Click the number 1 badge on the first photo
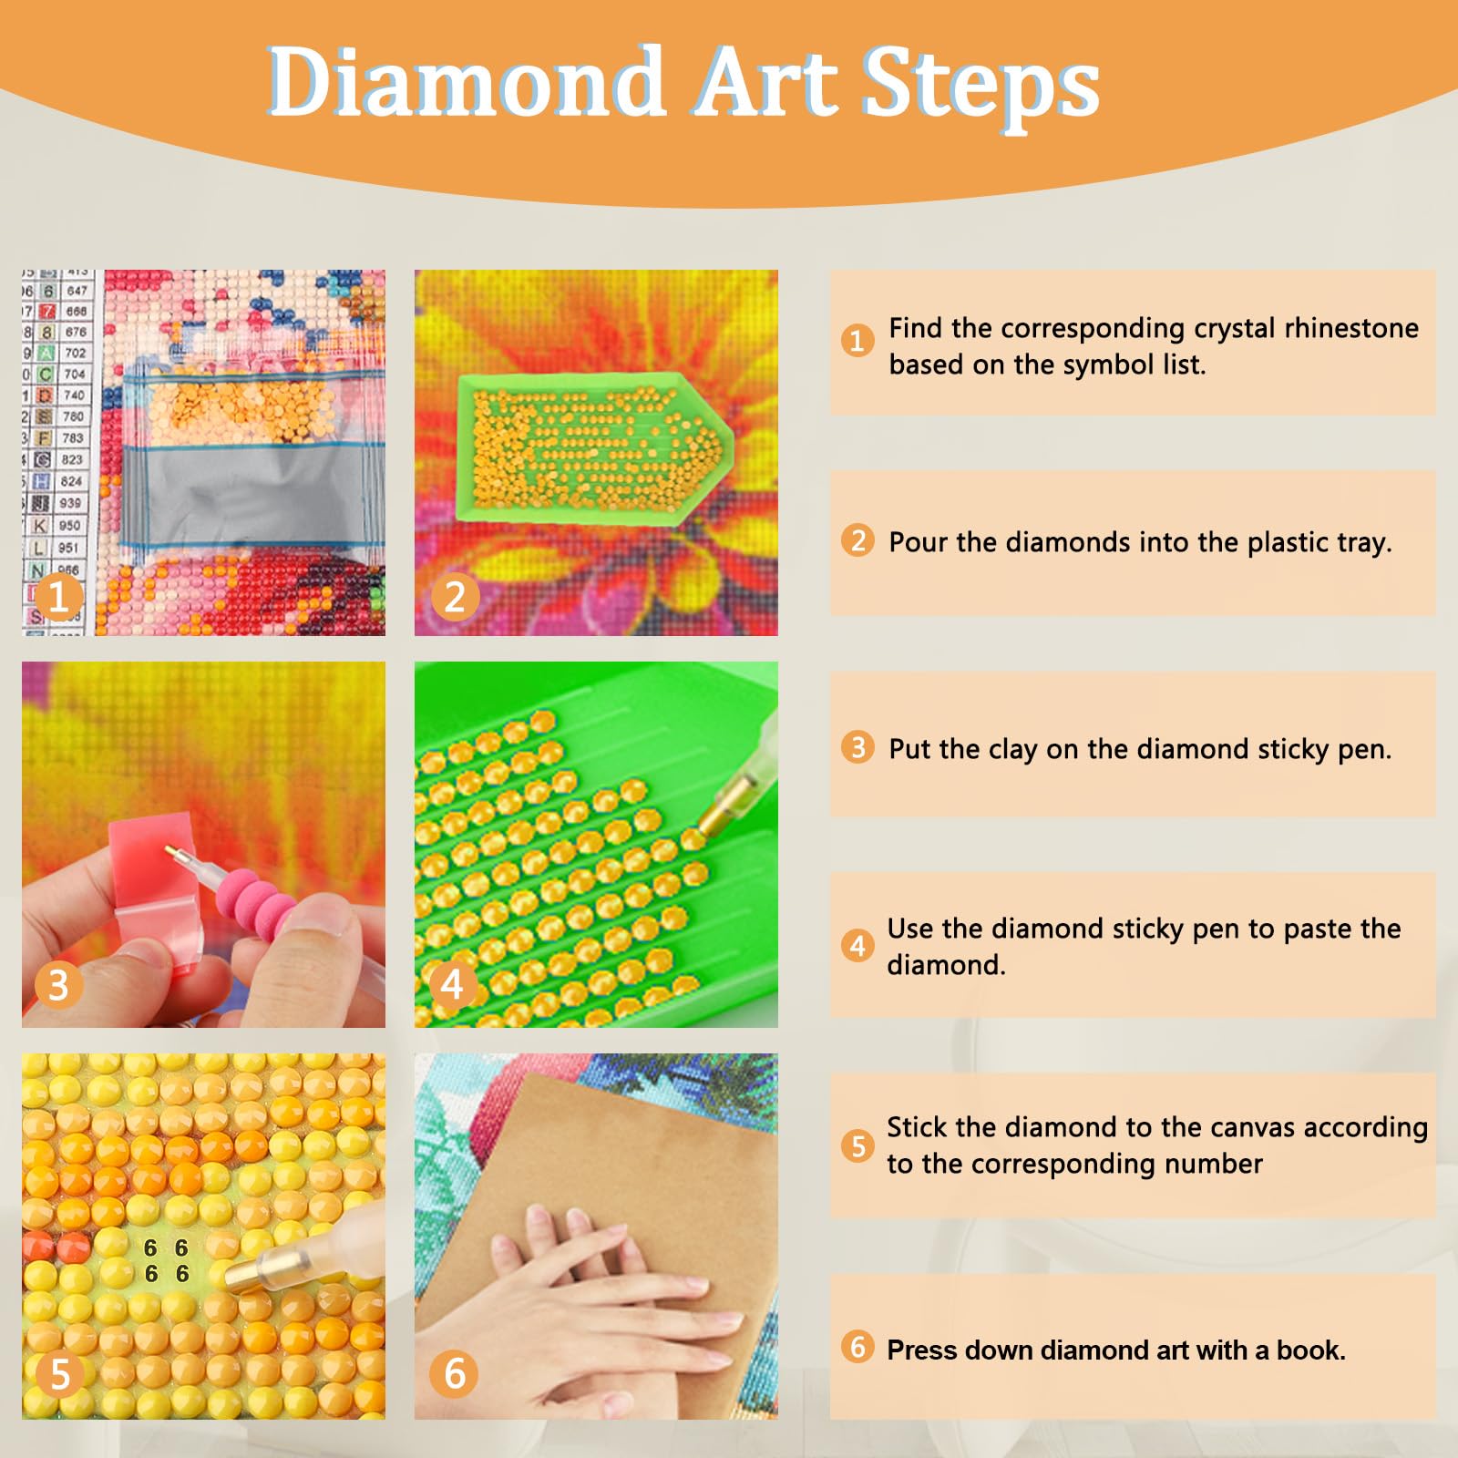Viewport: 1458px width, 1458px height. (x=58, y=597)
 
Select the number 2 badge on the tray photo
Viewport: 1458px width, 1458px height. (x=454, y=597)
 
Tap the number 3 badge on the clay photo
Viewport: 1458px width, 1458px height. (x=58, y=985)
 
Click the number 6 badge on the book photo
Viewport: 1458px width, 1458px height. (x=454, y=1373)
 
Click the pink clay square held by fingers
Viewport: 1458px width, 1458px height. (x=150, y=866)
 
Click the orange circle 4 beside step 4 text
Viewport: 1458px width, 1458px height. (x=857, y=945)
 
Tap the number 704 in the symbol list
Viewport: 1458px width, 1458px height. (x=74, y=374)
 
